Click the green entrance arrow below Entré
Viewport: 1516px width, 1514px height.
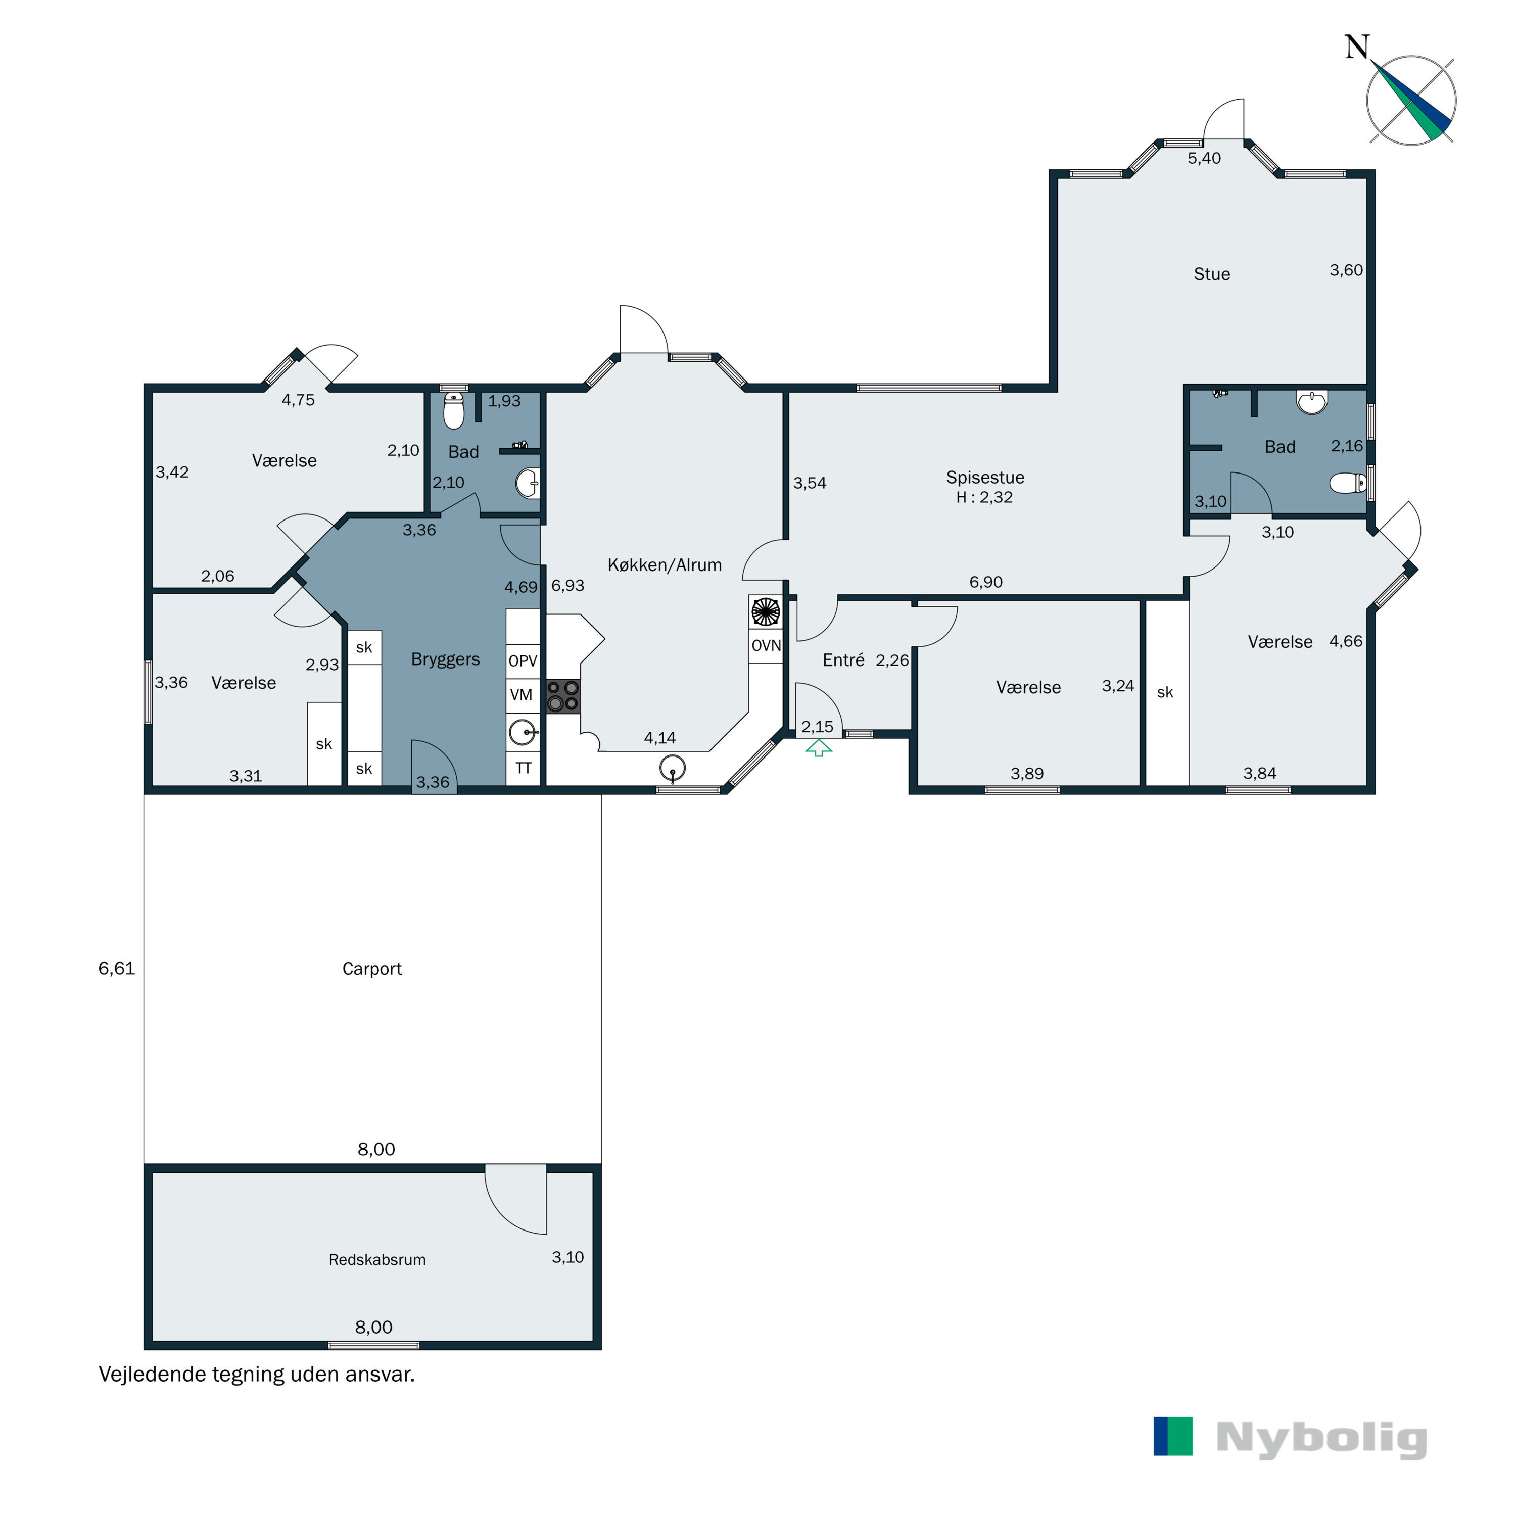pos(819,749)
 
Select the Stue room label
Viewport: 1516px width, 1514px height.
pos(1212,274)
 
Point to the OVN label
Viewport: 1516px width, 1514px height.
pos(766,645)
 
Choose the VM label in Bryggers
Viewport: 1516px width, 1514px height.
pos(521,695)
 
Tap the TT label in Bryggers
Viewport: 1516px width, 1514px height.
pos(523,768)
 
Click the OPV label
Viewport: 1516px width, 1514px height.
pos(523,661)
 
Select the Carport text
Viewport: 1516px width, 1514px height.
pos(372,969)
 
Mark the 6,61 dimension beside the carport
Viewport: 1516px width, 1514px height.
pos(116,969)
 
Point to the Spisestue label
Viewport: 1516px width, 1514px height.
pos(985,477)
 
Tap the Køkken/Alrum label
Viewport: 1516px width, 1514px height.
pos(665,565)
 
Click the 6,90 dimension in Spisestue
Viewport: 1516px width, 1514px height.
pos(985,582)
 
